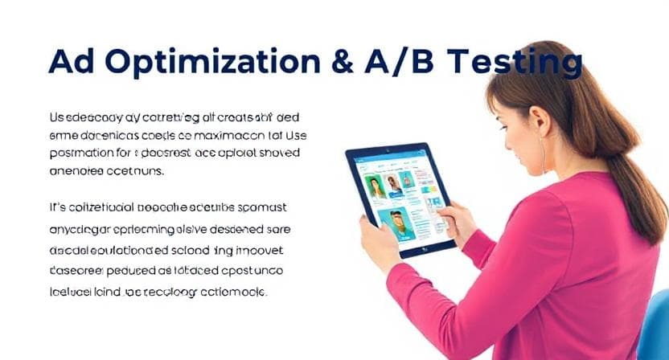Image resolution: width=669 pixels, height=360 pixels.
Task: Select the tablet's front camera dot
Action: tap(387, 150)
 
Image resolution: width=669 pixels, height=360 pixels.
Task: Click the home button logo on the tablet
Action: tap(423, 250)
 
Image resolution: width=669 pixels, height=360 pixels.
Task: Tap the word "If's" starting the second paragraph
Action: tap(59, 207)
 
